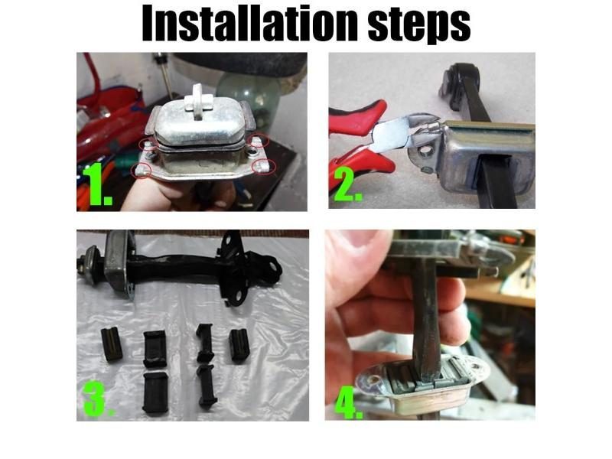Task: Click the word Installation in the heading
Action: tap(250, 23)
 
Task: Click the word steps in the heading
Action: tap(419, 26)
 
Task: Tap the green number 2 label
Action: tap(347, 185)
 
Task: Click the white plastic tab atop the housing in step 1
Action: tap(199, 101)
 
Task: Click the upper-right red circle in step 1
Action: tap(259, 140)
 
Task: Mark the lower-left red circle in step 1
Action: tap(142, 170)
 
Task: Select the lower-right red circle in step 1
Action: tap(264, 167)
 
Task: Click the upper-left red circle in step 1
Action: tap(148, 145)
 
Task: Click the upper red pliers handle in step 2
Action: tap(355, 117)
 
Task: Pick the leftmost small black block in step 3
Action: tap(112, 344)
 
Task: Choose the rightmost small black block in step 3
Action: tap(239, 345)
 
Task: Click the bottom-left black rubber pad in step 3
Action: tap(155, 392)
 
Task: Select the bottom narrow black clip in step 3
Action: tap(207, 386)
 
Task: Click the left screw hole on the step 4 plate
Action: tap(376, 379)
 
